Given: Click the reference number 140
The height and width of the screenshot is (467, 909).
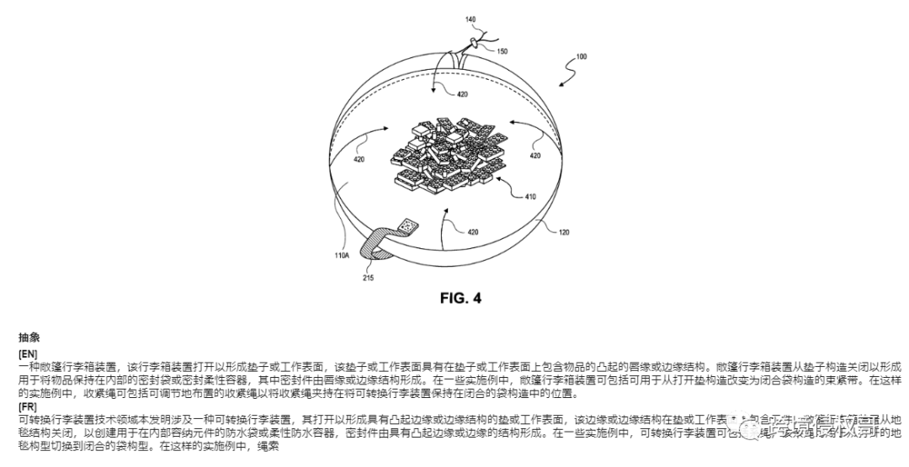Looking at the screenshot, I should coord(470,18).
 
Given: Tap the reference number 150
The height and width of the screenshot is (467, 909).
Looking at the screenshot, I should coord(501,50).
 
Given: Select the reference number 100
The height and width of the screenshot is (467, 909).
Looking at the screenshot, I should coord(581,56).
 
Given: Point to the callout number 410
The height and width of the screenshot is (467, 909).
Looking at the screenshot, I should coord(530,197).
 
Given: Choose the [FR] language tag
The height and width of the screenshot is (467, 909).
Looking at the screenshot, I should coord(27,406).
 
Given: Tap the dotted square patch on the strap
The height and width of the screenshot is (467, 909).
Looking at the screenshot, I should coord(409,226).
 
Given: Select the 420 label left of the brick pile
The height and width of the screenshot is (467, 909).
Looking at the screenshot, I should coord(359,159).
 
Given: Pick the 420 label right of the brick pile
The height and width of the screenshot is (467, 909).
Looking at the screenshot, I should coord(535,155).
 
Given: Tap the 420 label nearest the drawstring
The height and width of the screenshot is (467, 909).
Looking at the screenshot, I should coord(463,94).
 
